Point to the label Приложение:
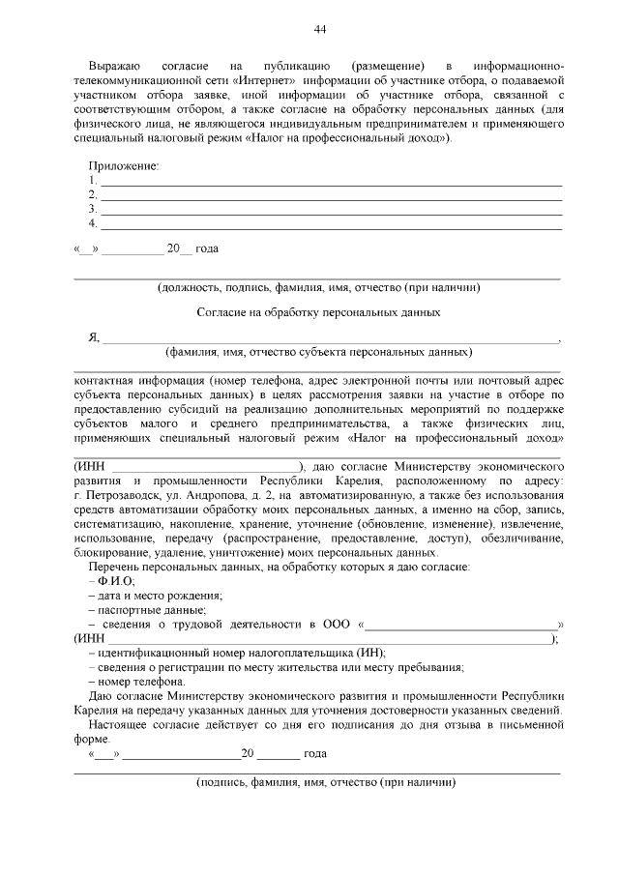pyautogui.click(x=124, y=165)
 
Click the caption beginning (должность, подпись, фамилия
pyautogui.click(x=318, y=287)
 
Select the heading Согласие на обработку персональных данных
pyautogui.click(x=318, y=312)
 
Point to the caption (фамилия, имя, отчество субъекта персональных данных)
pyautogui.click(x=318, y=352)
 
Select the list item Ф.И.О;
pyautogui.click(x=115, y=580)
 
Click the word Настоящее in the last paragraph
pyautogui.click(x=121, y=723)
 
